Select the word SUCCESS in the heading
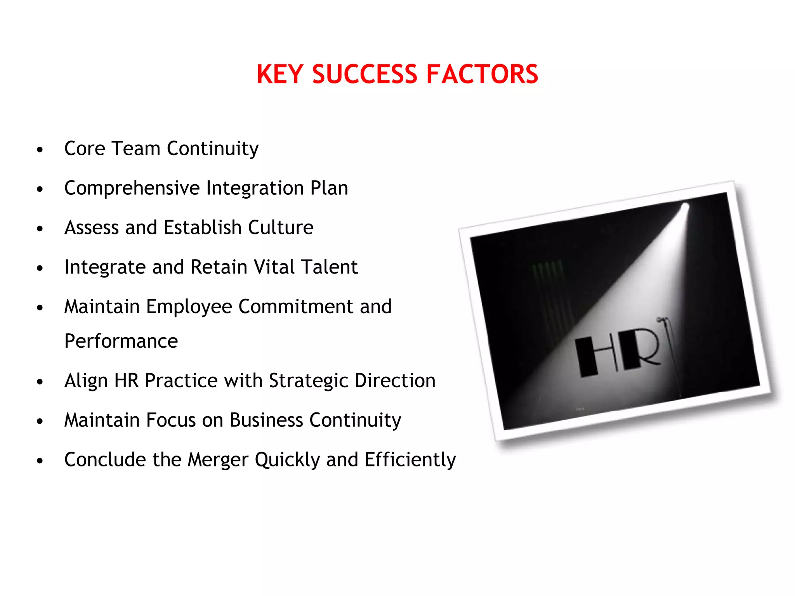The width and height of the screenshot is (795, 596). (365, 74)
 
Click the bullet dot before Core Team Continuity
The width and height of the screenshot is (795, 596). (40, 150)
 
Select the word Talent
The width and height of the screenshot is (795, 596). (329, 267)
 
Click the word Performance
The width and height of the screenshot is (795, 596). (121, 341)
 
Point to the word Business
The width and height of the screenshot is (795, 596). (266, 420)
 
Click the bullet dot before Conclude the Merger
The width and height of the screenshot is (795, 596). (40, 461)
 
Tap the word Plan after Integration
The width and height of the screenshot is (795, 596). (329, 188)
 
